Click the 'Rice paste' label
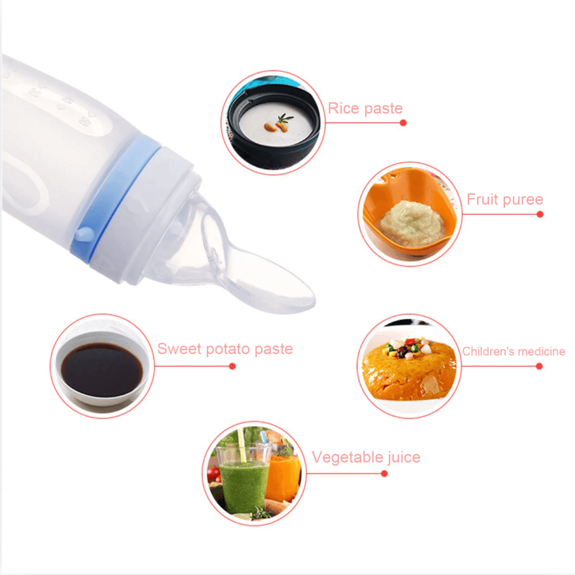point(365,109)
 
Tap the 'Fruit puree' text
point(504,200)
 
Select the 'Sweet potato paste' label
point(225,349)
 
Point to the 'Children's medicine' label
point(514,351)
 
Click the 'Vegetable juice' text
point(366,457)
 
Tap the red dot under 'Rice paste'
point(403,123)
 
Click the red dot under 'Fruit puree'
point(540,214)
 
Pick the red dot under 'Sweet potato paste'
point(232,366)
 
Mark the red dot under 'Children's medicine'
point(539,366)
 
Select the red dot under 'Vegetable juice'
point(384,474)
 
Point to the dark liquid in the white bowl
point(102,369)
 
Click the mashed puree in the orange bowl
point(412,223)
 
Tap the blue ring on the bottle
point(116,198)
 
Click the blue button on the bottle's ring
point(85,233)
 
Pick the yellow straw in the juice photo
point(241,446)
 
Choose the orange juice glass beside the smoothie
point(282,477)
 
